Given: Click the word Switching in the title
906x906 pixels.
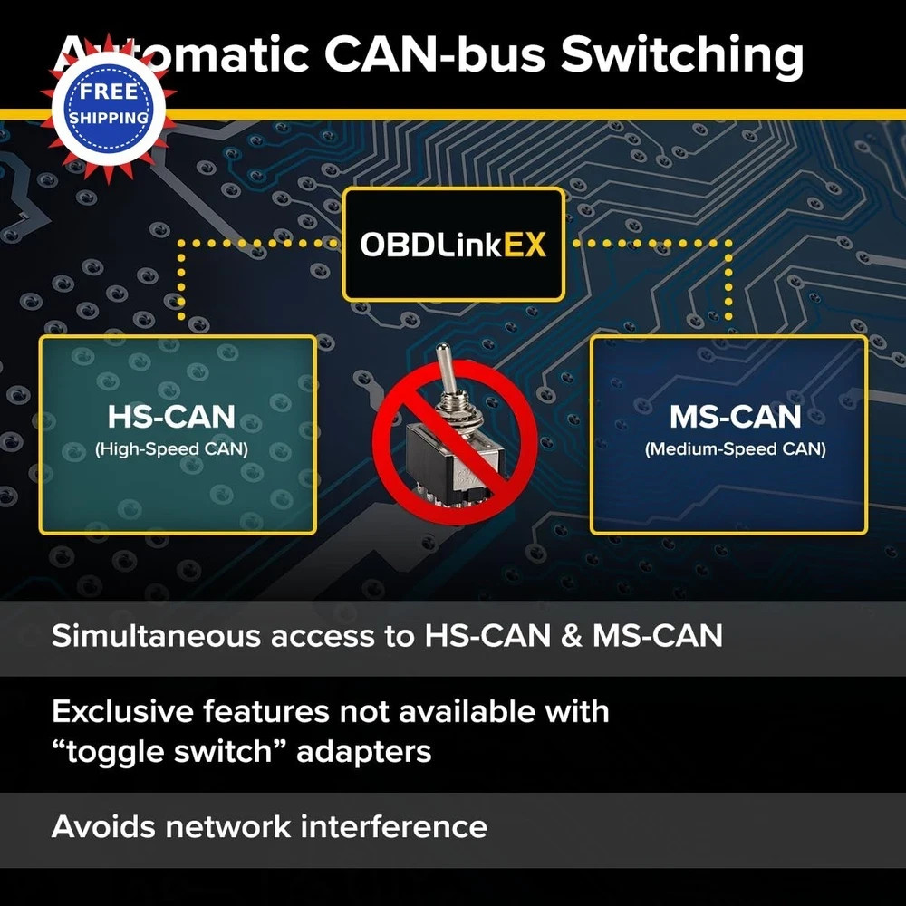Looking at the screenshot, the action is [682, 56].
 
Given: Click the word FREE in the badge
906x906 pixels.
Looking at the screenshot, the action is [109, 92].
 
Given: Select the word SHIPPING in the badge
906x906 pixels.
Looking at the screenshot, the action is [109, 118].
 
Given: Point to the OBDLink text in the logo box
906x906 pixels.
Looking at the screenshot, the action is [431, 245].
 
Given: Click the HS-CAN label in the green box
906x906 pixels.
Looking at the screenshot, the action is [171, 417].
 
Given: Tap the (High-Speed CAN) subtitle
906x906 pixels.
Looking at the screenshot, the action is [171, 449].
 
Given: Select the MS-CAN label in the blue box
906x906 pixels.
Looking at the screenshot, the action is [736, 417].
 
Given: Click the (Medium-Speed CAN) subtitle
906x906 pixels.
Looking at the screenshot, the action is [736, 449].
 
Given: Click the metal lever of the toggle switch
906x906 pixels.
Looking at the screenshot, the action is [445, 370].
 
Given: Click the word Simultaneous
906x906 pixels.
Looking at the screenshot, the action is [156, 636].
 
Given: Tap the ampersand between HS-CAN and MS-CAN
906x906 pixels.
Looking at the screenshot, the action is [572, 636].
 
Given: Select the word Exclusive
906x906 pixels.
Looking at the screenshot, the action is [122, 711].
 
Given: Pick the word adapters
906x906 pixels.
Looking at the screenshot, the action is [364, 752].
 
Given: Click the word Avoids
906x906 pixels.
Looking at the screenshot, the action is [103, 826].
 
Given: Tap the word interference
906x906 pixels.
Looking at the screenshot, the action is [394, 826].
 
